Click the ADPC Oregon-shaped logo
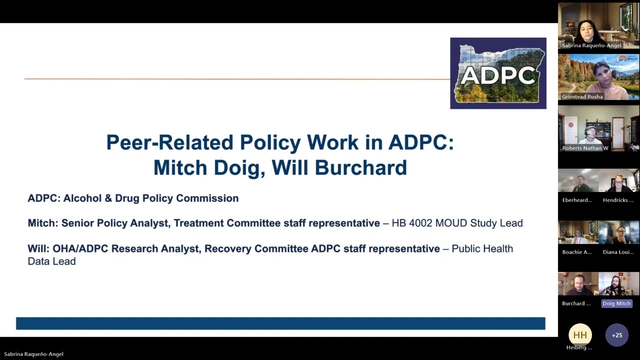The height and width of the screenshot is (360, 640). pos(498,73)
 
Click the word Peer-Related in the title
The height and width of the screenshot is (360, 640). pos(169,142)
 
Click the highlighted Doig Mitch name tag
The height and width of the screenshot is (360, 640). pos(616,303)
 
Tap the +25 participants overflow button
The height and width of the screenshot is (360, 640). pos(616,335)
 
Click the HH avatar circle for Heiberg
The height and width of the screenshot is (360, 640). pos(579,335)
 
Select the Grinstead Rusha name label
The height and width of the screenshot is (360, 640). pos(582,97)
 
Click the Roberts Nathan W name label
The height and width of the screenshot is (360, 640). pos(585,148)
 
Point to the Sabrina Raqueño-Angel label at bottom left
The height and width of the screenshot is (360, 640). pos(33,354)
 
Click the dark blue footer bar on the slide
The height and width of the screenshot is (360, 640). pos(280,323)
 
